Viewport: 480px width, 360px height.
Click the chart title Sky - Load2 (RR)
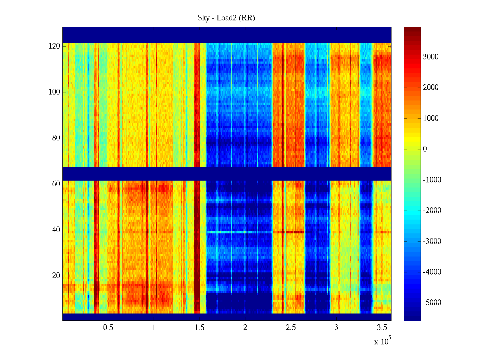click(x=226, y=18)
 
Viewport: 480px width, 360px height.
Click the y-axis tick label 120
click(x=54, y=46)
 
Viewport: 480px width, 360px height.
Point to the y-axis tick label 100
click(x=54, y=92)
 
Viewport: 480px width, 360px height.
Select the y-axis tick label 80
click(x=56, y=138)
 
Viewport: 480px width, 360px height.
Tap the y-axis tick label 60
click(x=56, y=184)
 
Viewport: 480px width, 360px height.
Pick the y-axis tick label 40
click(x=56, y=230)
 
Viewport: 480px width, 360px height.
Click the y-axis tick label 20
click(x=56, y=276)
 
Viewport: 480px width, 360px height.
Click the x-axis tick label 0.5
click(x=108, y=328)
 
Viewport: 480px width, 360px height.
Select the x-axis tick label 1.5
click(x=199, y=328)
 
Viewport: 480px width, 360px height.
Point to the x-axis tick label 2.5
click(x=290, y=328)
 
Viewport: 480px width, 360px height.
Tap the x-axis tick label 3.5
click(x=382, y=328)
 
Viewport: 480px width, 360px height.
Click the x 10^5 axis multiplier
click(x=382, y=341)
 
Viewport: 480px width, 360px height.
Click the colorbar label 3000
click(x=431, y=57)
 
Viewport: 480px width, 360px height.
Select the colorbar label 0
click(x=425, y=149)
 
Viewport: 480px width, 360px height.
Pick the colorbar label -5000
click(x=432, y=303)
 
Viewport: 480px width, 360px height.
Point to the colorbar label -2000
click(x=432, y=211)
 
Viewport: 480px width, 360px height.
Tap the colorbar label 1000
click(x=431, y=118)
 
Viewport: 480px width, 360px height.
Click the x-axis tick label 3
click(x=336, y=328)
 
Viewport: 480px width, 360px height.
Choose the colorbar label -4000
click(x=432, y=272)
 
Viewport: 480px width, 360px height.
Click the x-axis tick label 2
click(x=245, y=328)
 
